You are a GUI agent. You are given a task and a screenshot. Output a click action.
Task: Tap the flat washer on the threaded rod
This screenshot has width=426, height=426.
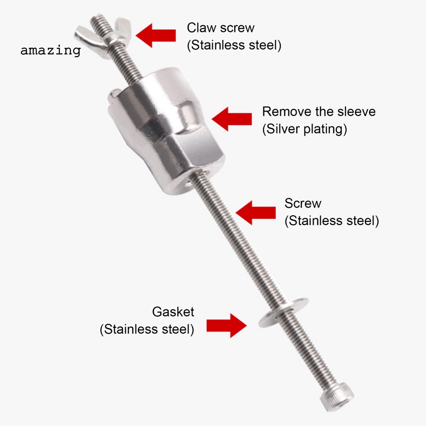283,312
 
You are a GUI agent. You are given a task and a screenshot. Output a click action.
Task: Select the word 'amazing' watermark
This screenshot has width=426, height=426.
50,51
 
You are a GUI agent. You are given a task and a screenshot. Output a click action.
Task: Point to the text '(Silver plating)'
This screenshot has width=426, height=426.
305,129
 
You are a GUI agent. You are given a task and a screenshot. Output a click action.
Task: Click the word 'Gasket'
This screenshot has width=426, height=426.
173,312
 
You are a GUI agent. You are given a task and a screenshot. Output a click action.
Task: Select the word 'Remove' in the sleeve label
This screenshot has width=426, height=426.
287,111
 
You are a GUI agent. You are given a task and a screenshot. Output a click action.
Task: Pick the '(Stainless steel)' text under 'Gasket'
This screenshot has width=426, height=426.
147,329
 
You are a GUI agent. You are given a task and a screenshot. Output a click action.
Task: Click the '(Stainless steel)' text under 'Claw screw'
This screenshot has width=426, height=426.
234,45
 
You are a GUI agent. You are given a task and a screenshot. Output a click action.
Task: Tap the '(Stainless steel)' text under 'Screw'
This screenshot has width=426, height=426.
332,220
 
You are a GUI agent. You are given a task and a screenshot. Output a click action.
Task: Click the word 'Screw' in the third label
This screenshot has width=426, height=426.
303,203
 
